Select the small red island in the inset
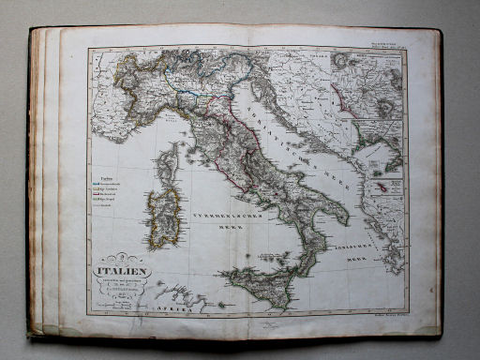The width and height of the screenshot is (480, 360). (x=382, y=188)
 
